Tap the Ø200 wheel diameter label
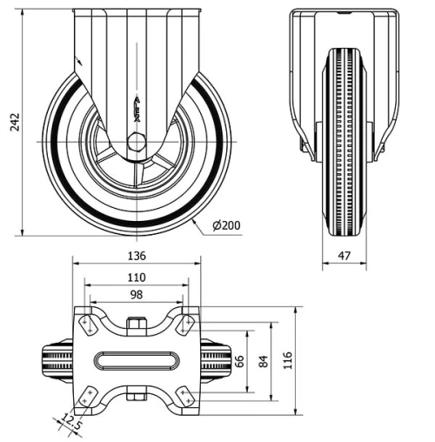point(225,225)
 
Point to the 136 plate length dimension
point(136,256)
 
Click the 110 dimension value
point(136,277)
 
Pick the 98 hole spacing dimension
point(136,295)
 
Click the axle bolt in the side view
point(136,143)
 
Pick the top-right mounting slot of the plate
point(184,324)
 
